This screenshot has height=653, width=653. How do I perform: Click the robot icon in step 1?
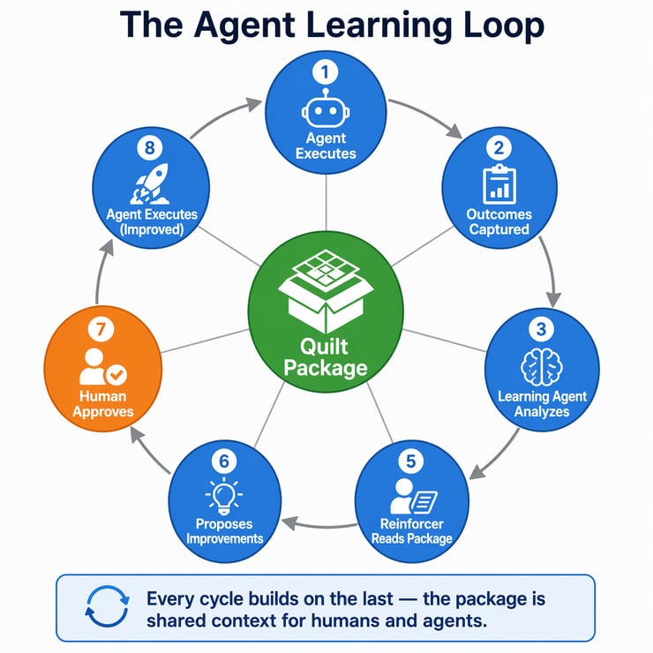pos(326,110)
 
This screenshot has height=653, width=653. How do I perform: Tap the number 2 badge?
pos(499,147)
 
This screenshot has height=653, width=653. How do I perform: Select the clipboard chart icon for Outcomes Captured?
pos(499,184)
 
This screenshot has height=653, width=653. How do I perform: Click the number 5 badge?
pos(410,460)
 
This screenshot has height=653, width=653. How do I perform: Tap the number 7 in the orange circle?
pos(101,329)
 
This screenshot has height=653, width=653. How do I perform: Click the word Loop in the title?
pos(494,26)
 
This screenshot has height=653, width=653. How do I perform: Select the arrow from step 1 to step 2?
pos(425,117)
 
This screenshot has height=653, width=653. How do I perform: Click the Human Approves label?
pos(101,403)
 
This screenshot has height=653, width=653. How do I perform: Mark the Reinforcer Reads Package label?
pos(411,531)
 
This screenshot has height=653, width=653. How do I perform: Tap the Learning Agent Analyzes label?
pos(542,404)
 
